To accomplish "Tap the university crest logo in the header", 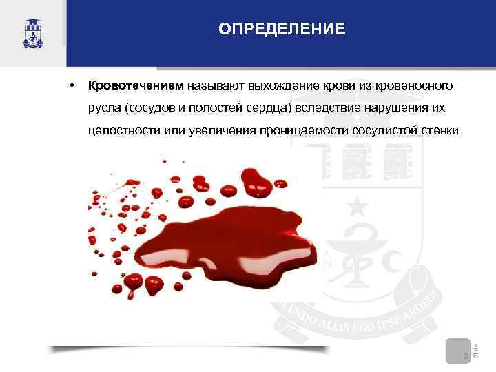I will click(32, 32).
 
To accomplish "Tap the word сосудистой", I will click(380, 132).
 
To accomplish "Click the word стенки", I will click(435, 132).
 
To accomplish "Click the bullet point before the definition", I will click(71, 87).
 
